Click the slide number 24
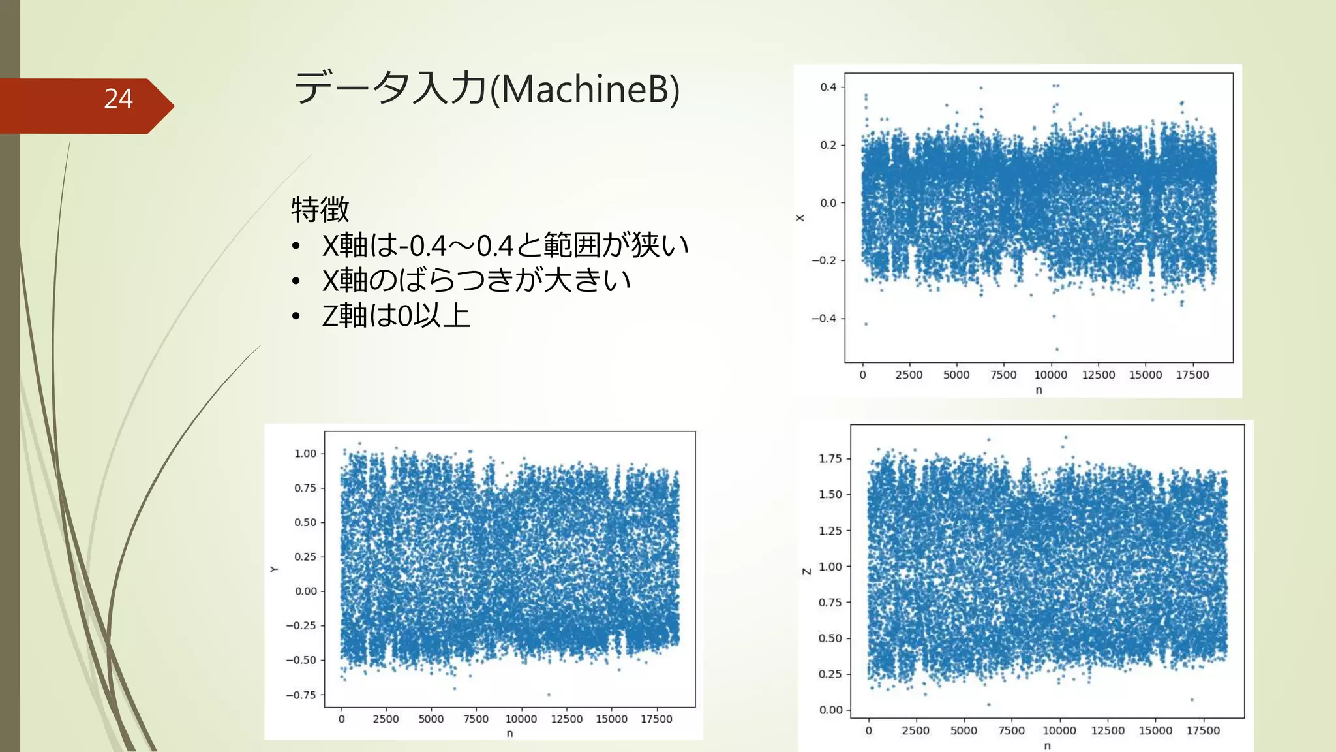click(118, 99)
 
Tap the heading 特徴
click(320, 210)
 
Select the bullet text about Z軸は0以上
click(396, 316)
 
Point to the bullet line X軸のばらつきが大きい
click(476, 281)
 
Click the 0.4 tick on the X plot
click(828, 87)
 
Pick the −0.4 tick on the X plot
click(823, 319)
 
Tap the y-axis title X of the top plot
click(800, 218)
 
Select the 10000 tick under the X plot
click(1050, 375)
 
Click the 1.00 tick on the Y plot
click(305, 454)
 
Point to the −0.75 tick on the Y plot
click(301, 695)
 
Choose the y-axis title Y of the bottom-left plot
click(274, 569)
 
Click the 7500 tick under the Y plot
click(476, 719)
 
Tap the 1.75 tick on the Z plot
click(830, 459)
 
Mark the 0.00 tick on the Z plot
click(830, 710)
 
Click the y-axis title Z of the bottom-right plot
click(807, 571)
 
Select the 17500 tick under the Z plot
click(1202, 730)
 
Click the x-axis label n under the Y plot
click(509, 734)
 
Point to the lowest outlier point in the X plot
click(1057, 349)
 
